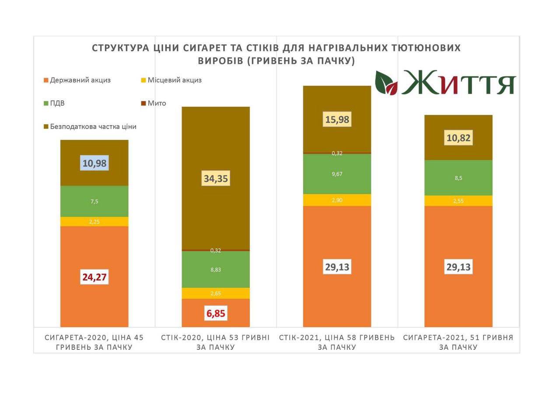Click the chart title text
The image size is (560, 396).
tap(276, 54)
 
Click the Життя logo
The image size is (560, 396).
tap(445, 82)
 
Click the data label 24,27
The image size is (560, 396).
tap(94, 277)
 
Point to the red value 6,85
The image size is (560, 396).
tap(216, 313)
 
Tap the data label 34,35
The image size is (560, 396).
tap(216, 179)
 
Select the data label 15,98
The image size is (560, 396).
tap(337, 119)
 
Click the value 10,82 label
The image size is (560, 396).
tap(458, 138)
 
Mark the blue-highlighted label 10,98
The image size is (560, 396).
tap(94, 164)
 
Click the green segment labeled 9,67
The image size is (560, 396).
tap(337, 174)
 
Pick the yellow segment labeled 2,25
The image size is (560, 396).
tap(94, 222)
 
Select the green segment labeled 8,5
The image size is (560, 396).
tap(458, 178)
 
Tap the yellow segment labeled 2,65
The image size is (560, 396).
tap(216, 293)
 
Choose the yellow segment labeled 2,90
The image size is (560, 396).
tap(337, 200)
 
